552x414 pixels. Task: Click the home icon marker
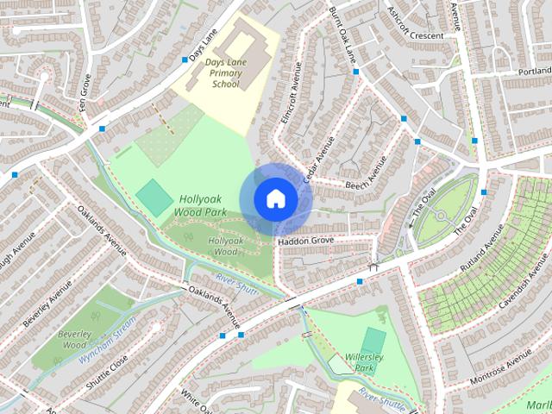point(275,198)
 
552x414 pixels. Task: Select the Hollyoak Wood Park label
point(198,204)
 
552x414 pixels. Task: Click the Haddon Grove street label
point(305,241)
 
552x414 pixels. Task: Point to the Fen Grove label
point(85,89)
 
